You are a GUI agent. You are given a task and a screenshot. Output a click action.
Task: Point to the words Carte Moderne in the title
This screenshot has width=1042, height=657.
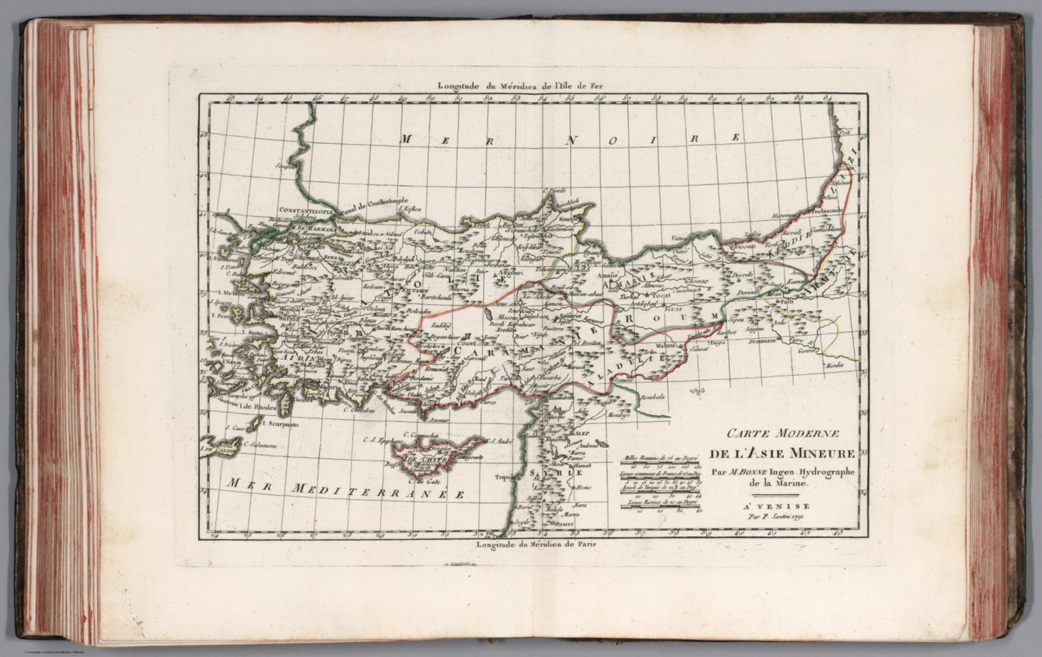click(x=784, y=433)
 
